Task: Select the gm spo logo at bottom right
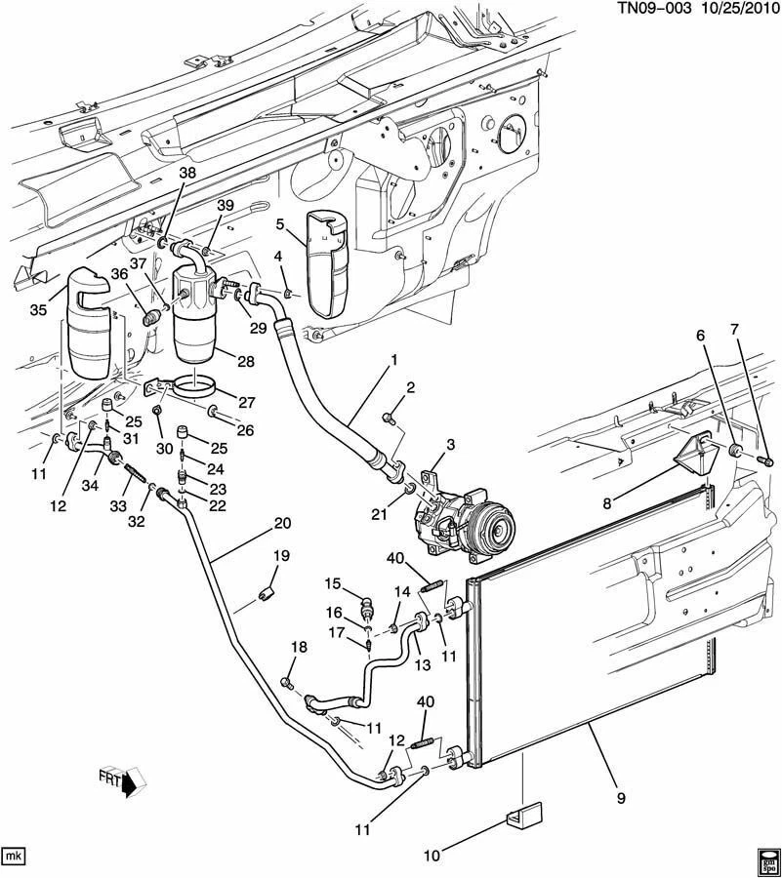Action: (x=766, y=861)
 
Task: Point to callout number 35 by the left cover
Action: (x=39, y=311)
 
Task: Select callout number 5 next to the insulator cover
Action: (x=278, y=224)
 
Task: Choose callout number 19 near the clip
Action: (x=282, y=556)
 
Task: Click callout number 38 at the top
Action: (x=187, y=173)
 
